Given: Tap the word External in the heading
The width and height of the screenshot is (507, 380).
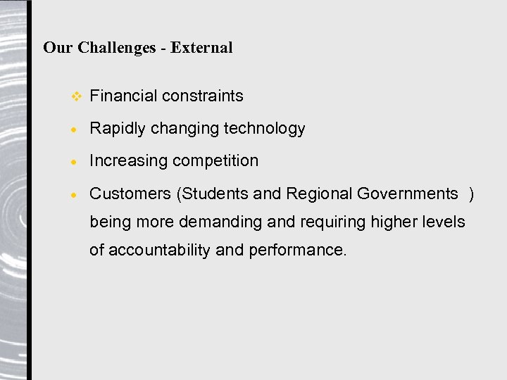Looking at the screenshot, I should pos(201,48).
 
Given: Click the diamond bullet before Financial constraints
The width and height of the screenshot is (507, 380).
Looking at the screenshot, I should pos(77,96).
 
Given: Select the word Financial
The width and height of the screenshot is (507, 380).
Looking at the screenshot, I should pos(123,96).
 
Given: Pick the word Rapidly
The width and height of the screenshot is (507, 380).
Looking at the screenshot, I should pos(118,128).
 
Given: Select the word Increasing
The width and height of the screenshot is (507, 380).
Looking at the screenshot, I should pos(129,160).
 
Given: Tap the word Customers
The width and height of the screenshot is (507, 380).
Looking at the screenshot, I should pos(130,194).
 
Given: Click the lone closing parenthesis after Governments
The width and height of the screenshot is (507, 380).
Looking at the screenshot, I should pos(471,194).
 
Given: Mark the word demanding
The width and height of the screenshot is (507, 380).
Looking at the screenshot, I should pos(221,222).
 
